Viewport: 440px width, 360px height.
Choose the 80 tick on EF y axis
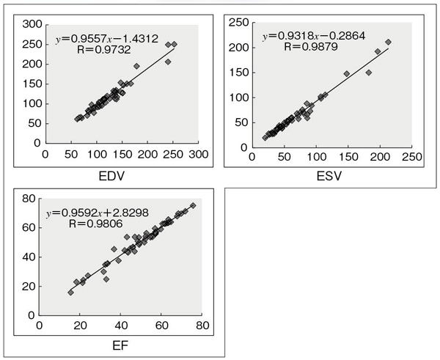[x=30, y=199]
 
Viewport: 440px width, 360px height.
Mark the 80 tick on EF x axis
[x=202, y=326]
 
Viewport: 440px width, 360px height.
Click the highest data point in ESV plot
[x=388, y=42]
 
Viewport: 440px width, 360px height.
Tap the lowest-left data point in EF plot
[x=71, y=292]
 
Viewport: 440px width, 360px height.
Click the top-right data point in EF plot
[x=193, y=206]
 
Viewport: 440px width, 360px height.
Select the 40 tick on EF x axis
[x=120, y=326]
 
